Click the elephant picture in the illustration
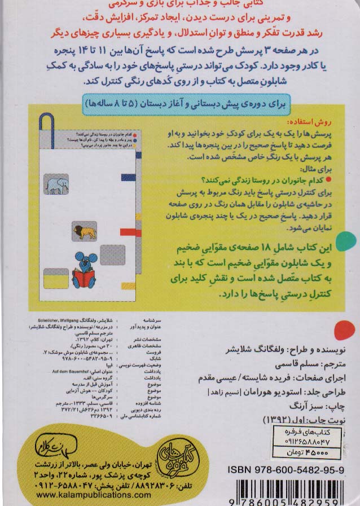pos(56,184)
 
